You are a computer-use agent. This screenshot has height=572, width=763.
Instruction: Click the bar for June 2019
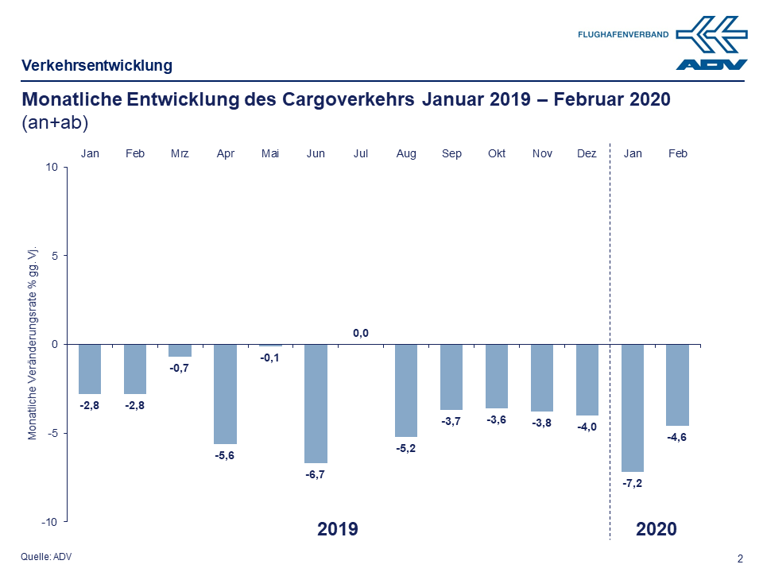[316, 403]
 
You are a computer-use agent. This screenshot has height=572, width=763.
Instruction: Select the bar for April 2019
[226, 393]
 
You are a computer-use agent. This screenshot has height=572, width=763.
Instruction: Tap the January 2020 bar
[633, 408]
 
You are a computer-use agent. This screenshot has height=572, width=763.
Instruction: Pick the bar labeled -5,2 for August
[406, 390]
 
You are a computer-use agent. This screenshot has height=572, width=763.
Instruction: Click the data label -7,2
[633, 483]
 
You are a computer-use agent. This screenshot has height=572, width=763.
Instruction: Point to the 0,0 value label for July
[361, 333]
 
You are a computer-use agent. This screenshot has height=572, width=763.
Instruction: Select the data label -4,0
[587, 427]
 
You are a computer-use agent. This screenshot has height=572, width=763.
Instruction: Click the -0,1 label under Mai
[270, 357]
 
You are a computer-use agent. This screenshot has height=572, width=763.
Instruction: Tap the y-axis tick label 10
[52, 167]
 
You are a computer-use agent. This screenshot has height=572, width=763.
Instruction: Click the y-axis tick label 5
[56, 256]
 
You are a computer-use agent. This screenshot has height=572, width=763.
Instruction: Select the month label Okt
[497, 153]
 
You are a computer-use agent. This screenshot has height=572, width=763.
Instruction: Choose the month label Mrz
[180, 153]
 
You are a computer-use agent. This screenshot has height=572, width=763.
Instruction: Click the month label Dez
[587, 153]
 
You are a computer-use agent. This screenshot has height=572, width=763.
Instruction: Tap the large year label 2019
[338, 529]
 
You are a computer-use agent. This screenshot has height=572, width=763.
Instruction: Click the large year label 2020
[656, 529]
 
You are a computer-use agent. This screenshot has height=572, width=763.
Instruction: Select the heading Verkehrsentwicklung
[97, 65]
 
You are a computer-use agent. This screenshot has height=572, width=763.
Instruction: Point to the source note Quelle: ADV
[46, 556]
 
